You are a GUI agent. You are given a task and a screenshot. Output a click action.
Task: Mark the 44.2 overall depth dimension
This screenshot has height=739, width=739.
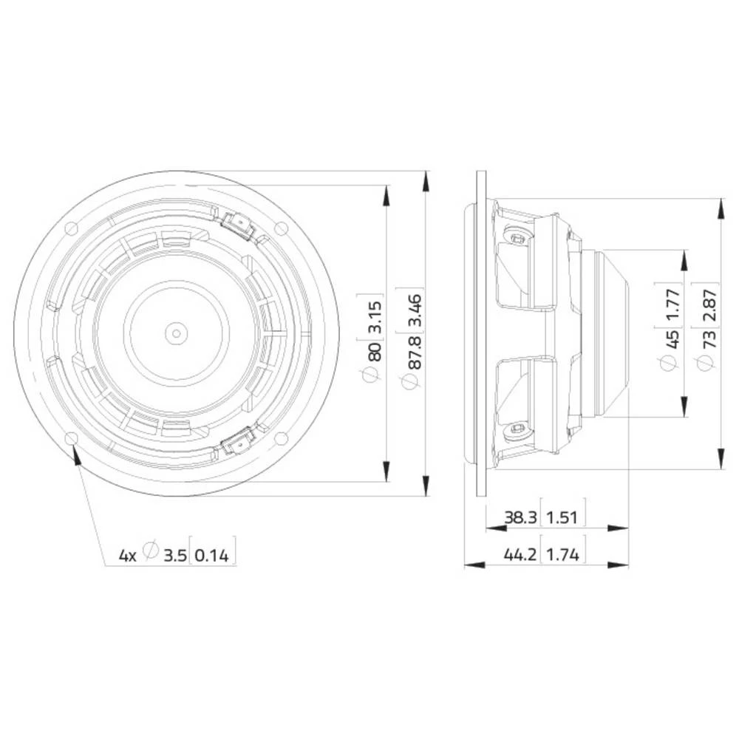click(x=521, y=554)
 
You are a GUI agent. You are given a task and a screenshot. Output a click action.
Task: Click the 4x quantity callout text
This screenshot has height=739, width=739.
click(x=128, y=554)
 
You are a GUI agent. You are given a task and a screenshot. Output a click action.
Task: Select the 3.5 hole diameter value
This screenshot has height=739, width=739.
click(x=174, y=554)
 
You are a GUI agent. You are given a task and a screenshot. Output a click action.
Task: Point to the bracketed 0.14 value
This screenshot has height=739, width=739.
click(x=214, y=554)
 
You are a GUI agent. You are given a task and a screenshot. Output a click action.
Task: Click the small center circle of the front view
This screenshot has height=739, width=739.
click(x=175, y=333)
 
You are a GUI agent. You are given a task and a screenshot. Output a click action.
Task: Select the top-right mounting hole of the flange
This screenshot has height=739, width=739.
click(x=281, y=227)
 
